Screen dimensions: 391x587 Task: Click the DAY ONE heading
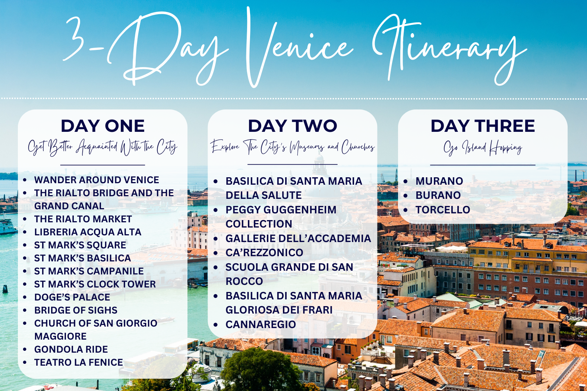102,126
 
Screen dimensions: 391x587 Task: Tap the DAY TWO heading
293,126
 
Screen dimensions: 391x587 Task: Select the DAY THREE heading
483,126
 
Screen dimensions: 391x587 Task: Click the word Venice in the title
298,48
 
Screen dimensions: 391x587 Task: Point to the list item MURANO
439,181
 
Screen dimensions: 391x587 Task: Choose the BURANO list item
438,195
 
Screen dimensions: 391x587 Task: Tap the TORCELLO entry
443,210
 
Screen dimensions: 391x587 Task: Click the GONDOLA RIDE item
71,349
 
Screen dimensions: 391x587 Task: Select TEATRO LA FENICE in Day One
78,362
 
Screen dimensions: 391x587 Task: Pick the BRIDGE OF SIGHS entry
76,310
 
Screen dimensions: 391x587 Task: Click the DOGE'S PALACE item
72,297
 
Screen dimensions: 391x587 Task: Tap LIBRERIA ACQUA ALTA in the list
88,232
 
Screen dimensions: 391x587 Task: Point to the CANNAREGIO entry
261,324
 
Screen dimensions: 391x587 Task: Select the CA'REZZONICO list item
264,252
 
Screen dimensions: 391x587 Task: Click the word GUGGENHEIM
300,210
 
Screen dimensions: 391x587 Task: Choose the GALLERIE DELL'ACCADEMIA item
298,238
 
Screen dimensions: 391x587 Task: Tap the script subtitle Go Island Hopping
483,148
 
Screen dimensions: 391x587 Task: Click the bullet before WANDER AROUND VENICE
25,180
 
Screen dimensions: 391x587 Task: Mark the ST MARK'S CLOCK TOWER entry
95,284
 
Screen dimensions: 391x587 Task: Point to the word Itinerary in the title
447,48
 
